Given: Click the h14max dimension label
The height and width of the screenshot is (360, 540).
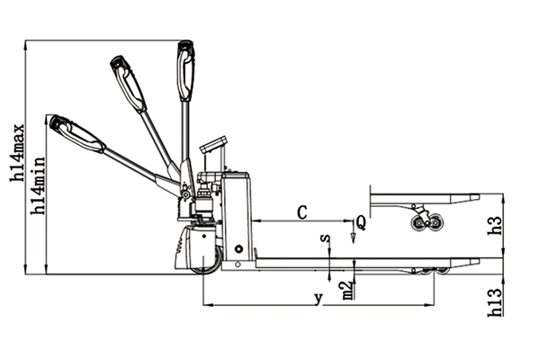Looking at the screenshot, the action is (18, 152).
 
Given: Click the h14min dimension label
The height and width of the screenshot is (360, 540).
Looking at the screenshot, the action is (38, 186).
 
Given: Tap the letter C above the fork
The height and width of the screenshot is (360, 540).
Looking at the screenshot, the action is (301, 212).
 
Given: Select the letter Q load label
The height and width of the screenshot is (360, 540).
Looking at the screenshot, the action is (361, 222).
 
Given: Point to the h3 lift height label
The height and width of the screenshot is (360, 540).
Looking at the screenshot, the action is (495, 226).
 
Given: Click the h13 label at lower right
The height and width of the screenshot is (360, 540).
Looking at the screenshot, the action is (496, 302).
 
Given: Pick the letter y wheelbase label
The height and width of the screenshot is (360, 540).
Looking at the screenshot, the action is (319, 298).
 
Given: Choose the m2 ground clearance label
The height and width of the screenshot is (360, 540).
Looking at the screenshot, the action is (348, 291).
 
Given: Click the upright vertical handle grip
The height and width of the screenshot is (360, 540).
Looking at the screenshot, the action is (185, 71).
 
